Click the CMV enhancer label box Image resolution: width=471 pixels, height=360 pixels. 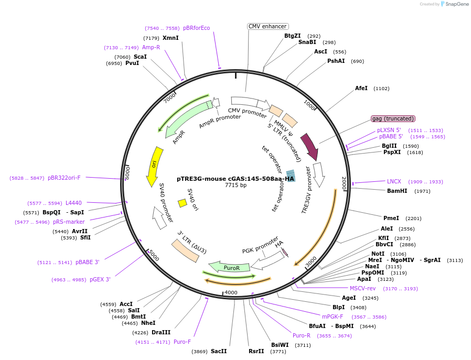pyautogui.click(x=267, y=26)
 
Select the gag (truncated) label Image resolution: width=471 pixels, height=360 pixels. pyautogui.click(x=393, y=118)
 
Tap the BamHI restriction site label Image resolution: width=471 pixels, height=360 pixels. pyautogui.click(x=397, y=191)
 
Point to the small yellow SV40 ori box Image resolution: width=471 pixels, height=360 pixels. pyautogui.click(x=183, y=203)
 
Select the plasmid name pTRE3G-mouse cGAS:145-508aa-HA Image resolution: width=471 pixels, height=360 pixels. pyautogui.click(x=235, y=179)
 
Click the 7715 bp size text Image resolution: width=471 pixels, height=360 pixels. pyautogui.click(x=235, y=185)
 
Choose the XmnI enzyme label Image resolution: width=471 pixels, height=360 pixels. pyautogui.click(x=170, y=38)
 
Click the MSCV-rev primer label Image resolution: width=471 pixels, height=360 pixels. pyautogui.click(x=363, y=288)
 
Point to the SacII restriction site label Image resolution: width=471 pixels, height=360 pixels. pyautogui.click(x=219, y=351)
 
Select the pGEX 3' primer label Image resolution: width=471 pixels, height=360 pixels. pyautogui.click(x=100, y=279)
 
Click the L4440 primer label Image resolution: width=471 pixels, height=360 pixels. pyautogui.click(x=73, y=203)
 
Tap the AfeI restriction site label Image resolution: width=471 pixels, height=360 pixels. pyautogui.click(x=361, y=88)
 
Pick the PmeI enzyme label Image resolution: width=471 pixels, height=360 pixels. pyautogui.click(x=391, y=218)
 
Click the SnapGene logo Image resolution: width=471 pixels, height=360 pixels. pyautogui.click(x=455, y=4)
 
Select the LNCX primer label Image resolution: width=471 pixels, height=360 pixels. pyautogui.click(x=394, y=181)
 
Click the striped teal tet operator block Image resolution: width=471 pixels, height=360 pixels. pyautogui.click(x=291, y=176)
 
